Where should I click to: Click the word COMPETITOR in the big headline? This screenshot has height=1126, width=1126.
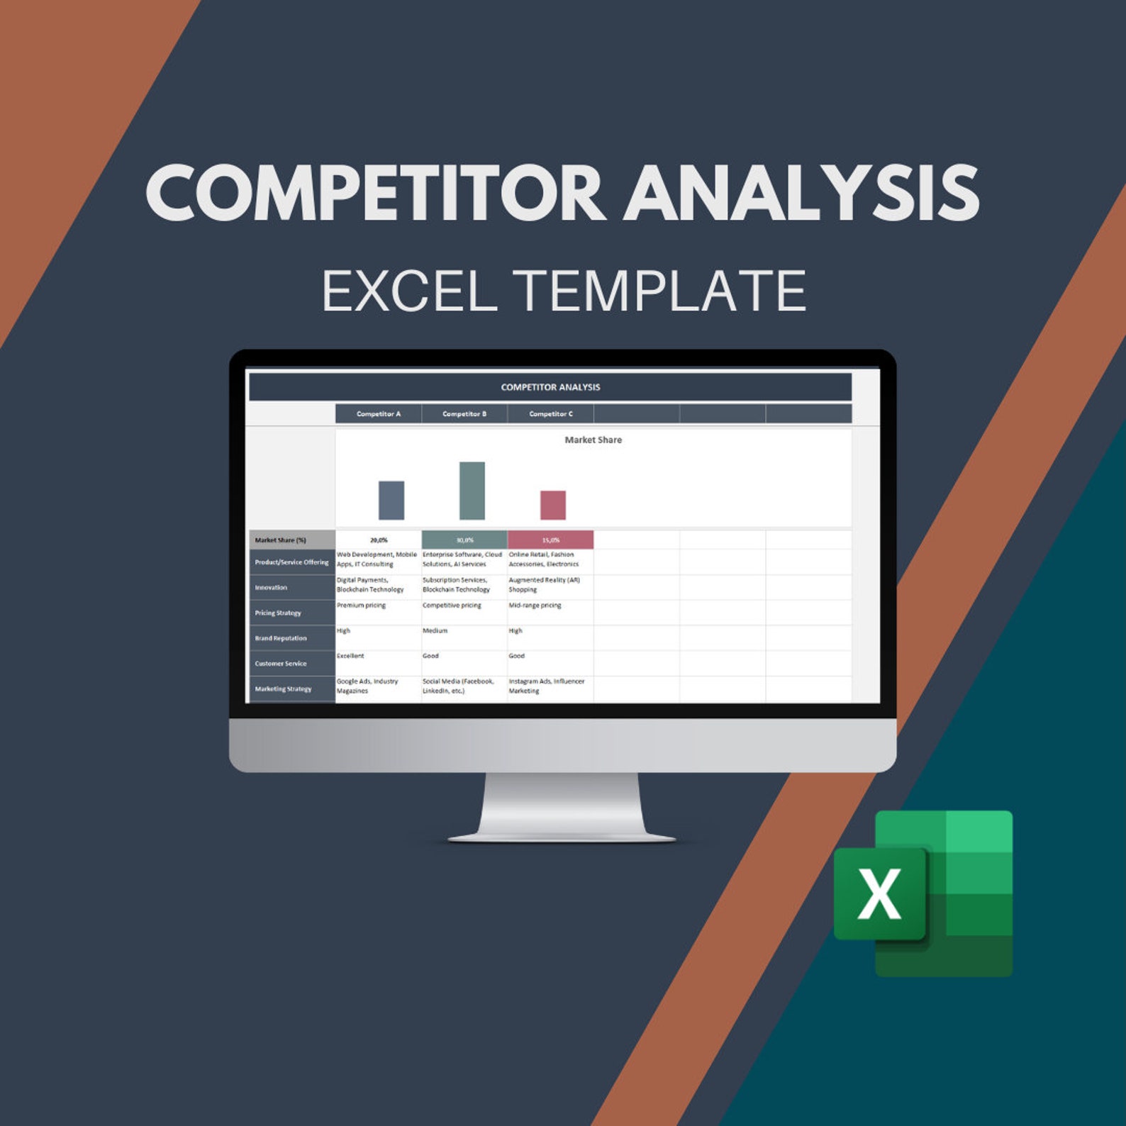pos(376,194)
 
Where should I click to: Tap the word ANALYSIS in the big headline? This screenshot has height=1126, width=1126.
pos(801,194)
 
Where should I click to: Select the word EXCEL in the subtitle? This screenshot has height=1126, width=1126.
pos(409,291)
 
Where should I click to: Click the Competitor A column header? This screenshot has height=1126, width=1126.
pos(379,414)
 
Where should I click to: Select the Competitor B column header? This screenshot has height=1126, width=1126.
pos(464,414)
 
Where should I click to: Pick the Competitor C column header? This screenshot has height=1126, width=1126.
pos(551,414)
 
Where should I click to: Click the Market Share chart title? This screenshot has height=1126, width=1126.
pos(593,440)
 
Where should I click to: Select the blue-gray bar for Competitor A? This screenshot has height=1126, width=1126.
pos(391,501)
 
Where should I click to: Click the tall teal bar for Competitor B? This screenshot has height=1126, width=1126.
pos(472,491)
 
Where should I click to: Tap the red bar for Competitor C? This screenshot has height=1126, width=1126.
pos(553,505)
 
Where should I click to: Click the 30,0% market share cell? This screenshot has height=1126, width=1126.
pos(464,540)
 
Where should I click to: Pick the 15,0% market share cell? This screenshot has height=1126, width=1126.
pos(551,540)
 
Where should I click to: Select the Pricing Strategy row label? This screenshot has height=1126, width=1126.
pos(278,613)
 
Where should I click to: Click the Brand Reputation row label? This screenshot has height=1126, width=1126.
pos(281,638)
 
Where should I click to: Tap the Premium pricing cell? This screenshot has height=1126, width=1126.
pos(362,606)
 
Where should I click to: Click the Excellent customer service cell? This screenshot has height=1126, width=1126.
pos(350,656)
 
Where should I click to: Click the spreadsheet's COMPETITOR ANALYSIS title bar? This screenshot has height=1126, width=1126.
pos(550,387)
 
